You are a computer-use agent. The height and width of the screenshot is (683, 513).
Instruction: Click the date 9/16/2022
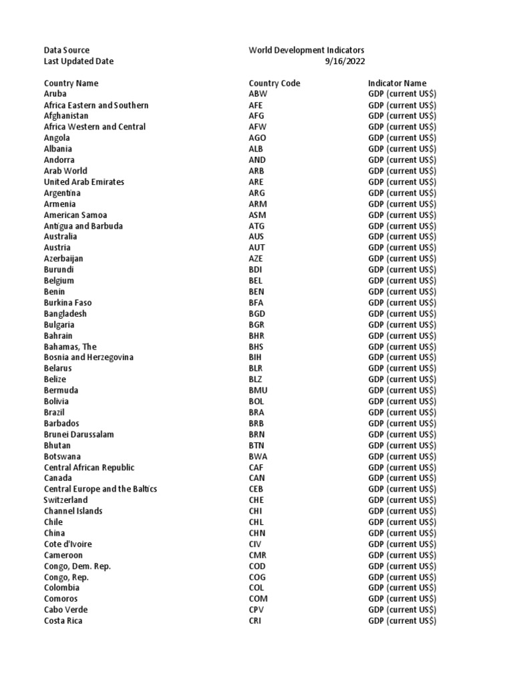pos(345,61)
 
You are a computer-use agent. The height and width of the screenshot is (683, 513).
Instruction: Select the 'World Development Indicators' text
pos(307,50)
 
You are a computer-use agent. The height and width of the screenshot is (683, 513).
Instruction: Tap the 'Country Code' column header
pos(274,83)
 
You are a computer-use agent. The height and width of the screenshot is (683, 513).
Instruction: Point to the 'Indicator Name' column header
pos(397,83)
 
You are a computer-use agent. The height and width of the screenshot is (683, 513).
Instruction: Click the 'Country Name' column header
pos(71,83)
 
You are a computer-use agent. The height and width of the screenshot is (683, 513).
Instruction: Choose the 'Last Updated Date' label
pos(79,61)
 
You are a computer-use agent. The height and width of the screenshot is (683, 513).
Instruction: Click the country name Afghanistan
pos(66,116)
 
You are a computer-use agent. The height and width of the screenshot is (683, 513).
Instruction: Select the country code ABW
pos(258,94)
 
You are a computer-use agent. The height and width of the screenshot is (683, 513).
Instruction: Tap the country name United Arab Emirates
pos(84,182)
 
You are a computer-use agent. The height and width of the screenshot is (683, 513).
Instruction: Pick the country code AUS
pos(256,237)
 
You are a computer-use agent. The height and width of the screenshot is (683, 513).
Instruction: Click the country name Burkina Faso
pos(68,303)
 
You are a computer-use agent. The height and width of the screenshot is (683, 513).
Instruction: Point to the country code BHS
pos(256,347)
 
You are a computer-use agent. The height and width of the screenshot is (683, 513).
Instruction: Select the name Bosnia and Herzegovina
pos(89,358)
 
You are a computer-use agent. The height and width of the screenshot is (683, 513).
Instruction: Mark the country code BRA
pos(256,413)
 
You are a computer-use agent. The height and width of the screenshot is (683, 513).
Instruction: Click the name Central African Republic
pos(89,468)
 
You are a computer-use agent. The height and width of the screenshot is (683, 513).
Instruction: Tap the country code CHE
pos(256,500)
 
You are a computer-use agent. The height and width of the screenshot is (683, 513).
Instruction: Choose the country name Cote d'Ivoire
pos(68,544)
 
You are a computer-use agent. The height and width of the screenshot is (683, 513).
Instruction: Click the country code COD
pos(257,566)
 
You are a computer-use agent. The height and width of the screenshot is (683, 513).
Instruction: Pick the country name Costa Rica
pos(63,621)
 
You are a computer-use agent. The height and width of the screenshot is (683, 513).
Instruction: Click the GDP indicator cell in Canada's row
pos(402,478)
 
